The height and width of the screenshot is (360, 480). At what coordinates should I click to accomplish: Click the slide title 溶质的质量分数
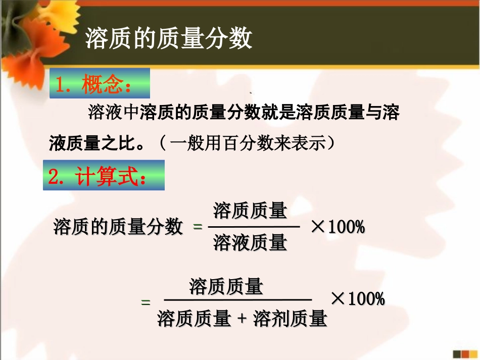tap(168, 38)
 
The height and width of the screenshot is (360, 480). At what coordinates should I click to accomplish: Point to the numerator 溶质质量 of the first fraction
tap(250, 211)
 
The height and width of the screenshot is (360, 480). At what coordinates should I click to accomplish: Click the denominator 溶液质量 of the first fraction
tap(250, 243)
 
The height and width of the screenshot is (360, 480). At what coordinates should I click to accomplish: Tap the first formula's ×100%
tap(338, 227)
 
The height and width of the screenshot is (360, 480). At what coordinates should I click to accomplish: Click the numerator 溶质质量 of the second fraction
tap(226, 287)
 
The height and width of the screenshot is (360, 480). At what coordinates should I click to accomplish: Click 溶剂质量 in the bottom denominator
tap(290, 319)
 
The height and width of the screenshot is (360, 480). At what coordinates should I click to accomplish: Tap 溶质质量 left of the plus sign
tap(194, 319)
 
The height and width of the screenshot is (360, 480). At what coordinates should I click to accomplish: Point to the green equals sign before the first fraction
tap(198, 228)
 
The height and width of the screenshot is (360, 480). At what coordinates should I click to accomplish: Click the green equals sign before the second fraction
tap(146, 302)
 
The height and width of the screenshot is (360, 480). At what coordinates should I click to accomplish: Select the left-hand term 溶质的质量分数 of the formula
tap(118, 227)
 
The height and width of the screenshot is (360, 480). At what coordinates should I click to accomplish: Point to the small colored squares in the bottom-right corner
tap(463, 354)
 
